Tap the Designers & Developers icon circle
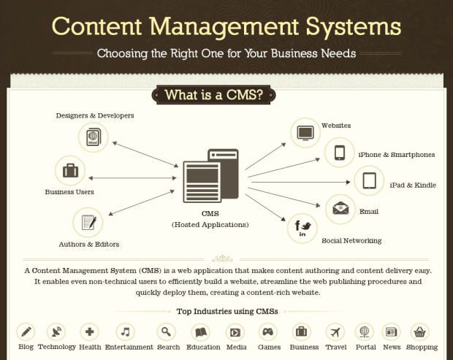pyautogui.click(x=94, y=137)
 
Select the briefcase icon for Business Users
pyautogui.click(x=70, y=172)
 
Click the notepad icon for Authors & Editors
pyautogui.click(x=88, y=222)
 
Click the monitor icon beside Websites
pyautogui.click(x=305, y=133)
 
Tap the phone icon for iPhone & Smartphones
pyautogui.click(x=340, y=153)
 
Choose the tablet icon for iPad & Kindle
pyautogui.click(x=369, y=180)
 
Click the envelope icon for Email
pyautogui.click(x=340, y=209)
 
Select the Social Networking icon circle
pyautogui.click(x=303, y=229)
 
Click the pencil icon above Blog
pyautogui.click(x=26, y=332)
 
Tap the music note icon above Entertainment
pyautogui.click(x=127, y=332)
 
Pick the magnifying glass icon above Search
pyautogui.click(x=167, y=332)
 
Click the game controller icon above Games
pyautogui.click(x=268, y=332)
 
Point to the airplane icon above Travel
pyautogui.click(x=335, y=332)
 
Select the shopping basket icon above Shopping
pyautogui.click(x=419, y=332)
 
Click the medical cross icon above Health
pyautogui.click(x=90, y=332)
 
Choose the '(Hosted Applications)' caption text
pyautogui.click(x=210, y=225)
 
